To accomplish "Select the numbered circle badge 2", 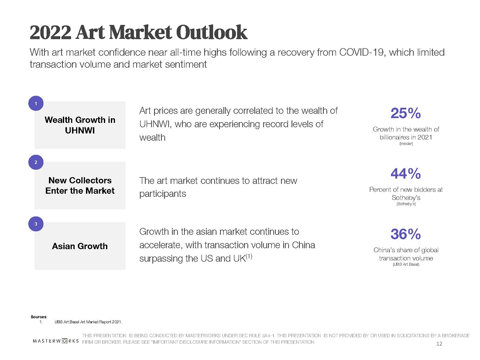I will (35, 163).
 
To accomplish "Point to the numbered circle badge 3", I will (35, 224).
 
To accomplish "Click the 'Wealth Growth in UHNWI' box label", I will (80, 125).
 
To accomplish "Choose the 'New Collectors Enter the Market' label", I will (80, 185).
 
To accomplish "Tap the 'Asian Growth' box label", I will (80, 246).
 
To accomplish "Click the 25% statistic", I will (405, 114).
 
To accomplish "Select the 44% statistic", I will (405, 174).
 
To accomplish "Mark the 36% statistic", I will (405, 235).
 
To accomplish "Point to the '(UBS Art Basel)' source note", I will (406, 265).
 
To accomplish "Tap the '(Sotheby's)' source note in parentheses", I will (406, 204).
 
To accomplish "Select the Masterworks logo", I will (56, 341).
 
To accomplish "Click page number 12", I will (439, 344).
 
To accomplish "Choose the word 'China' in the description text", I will (303, 245).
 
